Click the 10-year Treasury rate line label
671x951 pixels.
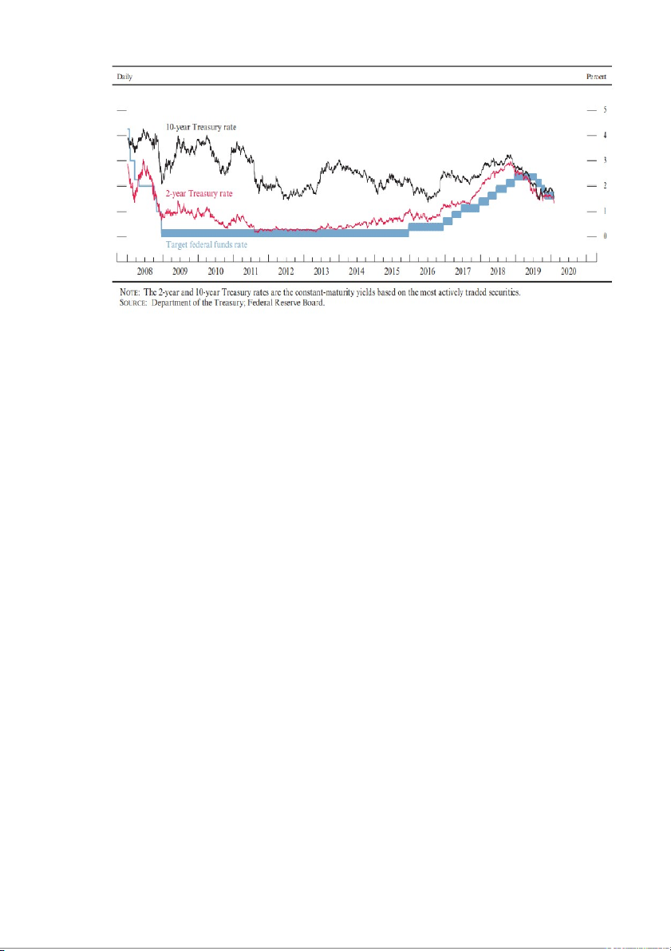pyautogui.click(x=200, y=127)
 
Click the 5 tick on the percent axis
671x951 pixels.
pyautogui.click(x=606, y=109)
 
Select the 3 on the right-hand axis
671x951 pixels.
pyautogui.click(x=606, y=160)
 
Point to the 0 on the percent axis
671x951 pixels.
pyautogui.click(x=606, y=236)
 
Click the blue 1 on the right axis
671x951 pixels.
pyautogui.click(x=606, y=211)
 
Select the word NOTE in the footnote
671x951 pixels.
pyautogui.click(x=120, y=293)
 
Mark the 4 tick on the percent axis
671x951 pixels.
pyautogui.click(x=606, y=135)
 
